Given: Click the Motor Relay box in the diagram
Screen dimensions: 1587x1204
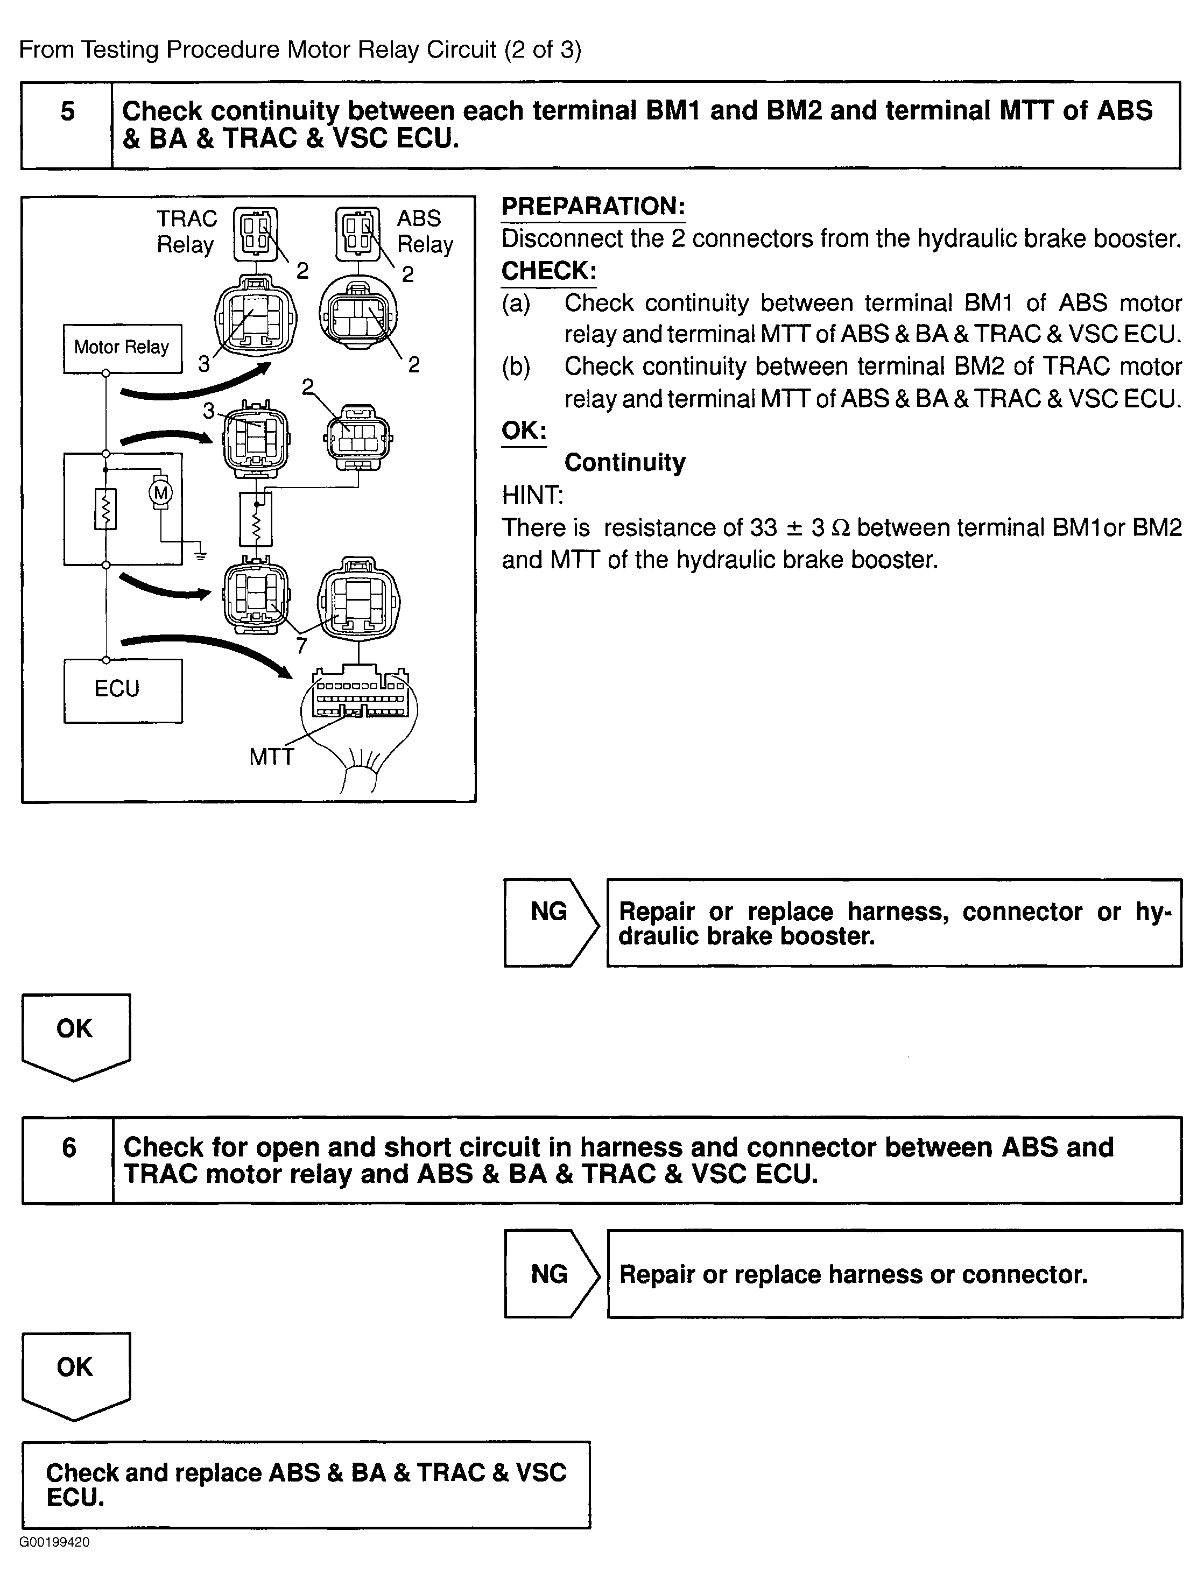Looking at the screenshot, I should [122, 348].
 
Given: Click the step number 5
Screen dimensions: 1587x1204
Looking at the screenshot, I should [67, 112].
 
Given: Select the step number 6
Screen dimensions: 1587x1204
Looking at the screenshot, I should [69, 1147].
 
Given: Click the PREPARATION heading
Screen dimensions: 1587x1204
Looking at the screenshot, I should [593, 207].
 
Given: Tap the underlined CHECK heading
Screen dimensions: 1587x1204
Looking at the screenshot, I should [549, 271].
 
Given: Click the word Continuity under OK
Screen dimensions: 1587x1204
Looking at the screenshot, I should [624, 463].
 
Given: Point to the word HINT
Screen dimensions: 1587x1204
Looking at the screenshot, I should [532, 495].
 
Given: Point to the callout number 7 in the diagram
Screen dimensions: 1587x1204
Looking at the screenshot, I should [302, 646].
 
